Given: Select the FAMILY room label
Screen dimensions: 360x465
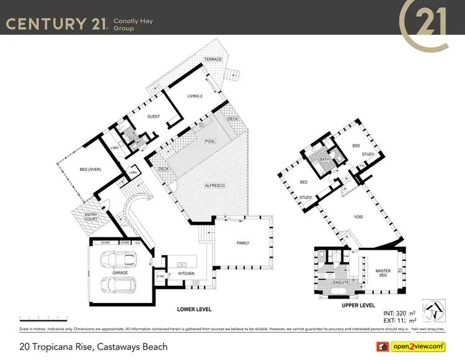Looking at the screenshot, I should (x=243, y=243).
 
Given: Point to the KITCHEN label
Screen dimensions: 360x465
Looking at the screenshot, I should (x=186, y=273).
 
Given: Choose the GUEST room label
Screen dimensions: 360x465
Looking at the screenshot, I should (x=153, y=116).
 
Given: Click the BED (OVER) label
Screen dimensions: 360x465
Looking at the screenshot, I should (x=91, y=169).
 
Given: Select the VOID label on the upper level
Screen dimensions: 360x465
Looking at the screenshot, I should (x=359, y=217).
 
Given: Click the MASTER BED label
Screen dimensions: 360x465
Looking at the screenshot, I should (x=383, y=273).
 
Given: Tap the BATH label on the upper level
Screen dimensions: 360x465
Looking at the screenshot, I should (x=324, y=159).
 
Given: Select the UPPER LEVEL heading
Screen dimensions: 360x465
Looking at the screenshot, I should (x=358, y=305).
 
